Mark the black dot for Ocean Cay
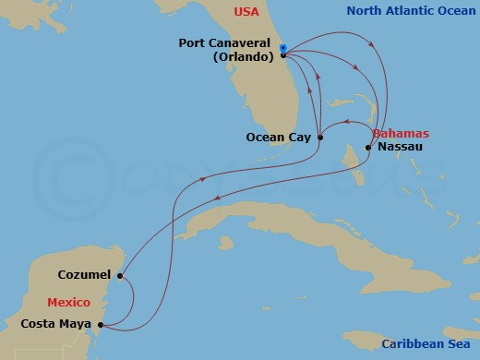(319, 138)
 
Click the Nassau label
(400, 147)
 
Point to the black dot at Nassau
(368, 147)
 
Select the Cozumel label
(83, 275)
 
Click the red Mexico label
(68, 302)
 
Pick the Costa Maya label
(55, 324)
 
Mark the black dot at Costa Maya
(100, 325)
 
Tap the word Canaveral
(249, 42)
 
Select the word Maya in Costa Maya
(75, 324)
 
